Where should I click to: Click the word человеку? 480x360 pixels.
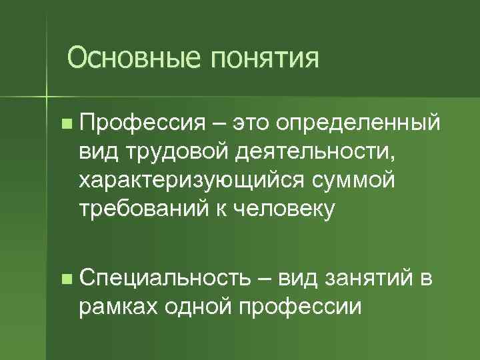281,209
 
